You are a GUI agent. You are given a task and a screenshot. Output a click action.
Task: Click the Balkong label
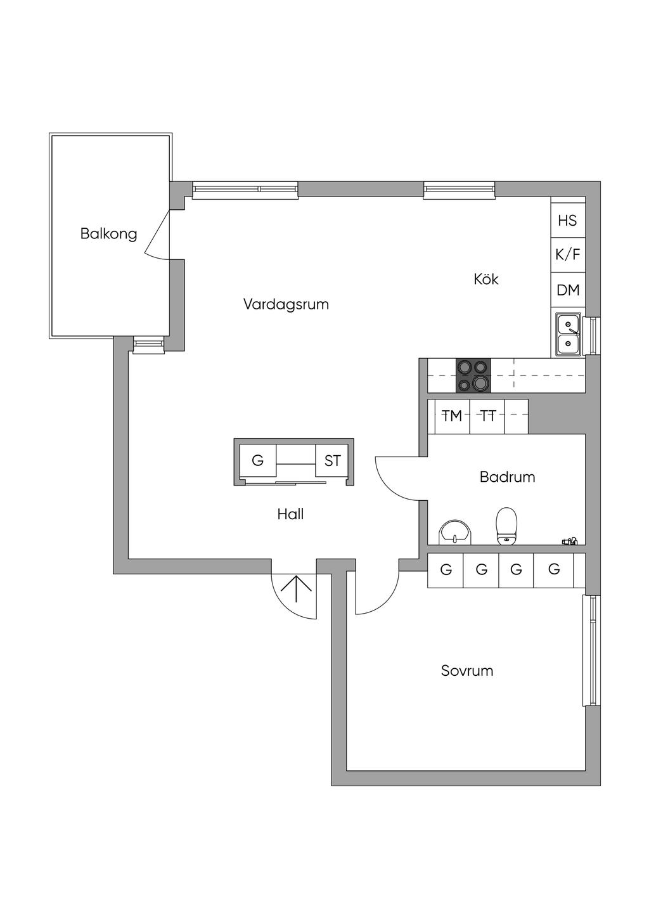click(x=108, y=234)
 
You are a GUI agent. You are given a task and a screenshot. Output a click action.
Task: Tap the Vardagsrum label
click(x=286, y=304)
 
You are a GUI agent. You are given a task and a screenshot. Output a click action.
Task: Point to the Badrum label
click(x=507, y=477)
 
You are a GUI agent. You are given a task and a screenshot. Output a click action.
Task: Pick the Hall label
click(x=290, y=514)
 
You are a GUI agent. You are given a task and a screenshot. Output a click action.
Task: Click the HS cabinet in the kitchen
click(x=567, y=221)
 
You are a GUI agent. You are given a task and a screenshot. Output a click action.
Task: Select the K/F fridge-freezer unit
click(x=567, y=255)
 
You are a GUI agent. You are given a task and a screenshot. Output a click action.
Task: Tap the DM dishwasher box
click(x=567, y=290)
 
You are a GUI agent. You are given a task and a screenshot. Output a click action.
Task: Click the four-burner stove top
click(x=473, y=375)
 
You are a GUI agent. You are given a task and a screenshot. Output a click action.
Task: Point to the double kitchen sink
click(x=568, y=334)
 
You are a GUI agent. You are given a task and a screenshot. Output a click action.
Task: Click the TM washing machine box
click(x=452, y=417)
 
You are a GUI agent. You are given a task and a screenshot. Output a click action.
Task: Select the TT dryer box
click(x=487, y=417)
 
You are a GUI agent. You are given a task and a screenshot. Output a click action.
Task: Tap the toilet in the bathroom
click(x=507, y=527)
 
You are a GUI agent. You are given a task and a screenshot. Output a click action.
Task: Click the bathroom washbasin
click(x=455, y=533)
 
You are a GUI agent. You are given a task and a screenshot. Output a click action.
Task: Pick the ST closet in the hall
click(x=332, y=461)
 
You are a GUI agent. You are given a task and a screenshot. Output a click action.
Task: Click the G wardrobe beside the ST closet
click(x=258, y=461)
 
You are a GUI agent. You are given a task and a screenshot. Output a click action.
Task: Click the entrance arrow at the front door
click(x=297, y=588)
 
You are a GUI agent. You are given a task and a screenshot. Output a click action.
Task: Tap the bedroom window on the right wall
click(x=592, y=650)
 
